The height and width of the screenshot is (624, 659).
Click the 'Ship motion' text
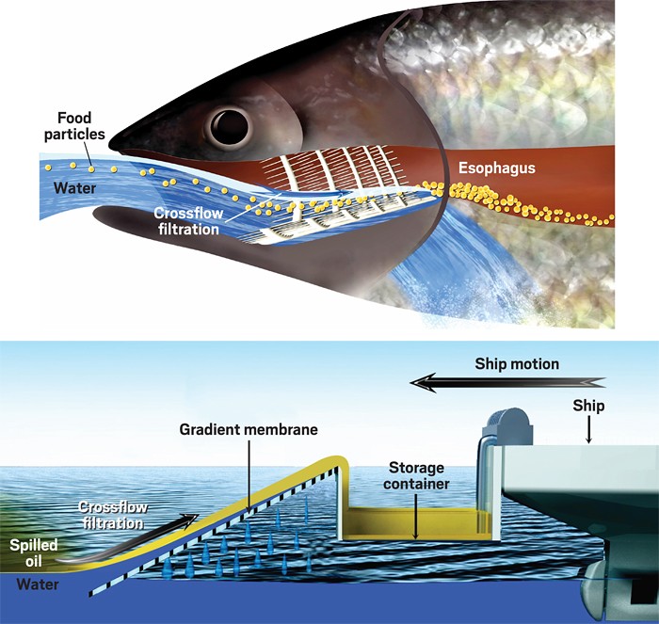[516, 363]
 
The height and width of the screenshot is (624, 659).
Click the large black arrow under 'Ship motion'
[508, 382]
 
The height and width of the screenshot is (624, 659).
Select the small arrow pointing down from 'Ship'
[589, 432]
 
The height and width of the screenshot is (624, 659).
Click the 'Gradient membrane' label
[249, 429]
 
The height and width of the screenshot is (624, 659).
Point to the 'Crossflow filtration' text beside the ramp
[108, 515]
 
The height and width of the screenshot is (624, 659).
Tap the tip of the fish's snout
[112, 146]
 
